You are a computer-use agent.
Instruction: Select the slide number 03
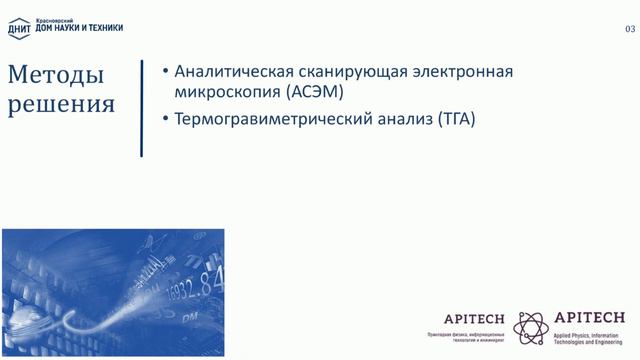tap(630, 30)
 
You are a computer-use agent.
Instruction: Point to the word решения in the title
tap(62, 104)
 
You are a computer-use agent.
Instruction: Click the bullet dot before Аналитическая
tap(164, 73)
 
